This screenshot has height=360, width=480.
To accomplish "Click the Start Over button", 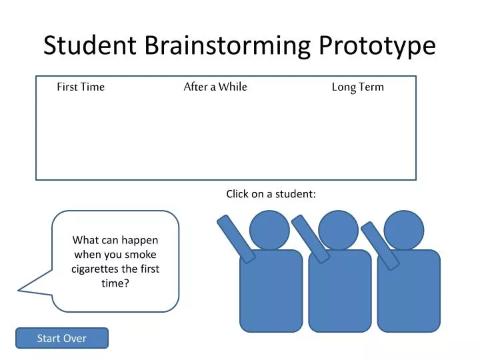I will click(x=61, y=338).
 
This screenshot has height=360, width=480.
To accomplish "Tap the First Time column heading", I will click(x=81, y=87).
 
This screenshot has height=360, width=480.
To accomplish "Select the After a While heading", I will click(x=215, y=87).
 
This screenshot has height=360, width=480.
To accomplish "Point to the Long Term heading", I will click(x=357, y=87).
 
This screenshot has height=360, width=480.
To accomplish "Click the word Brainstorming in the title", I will click(x=227, y=45).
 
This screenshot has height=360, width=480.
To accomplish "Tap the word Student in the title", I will click(x=89, y=45).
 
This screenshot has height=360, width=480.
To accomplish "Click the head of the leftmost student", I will click(x=269, y=230).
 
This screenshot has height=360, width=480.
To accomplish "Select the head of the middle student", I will click(x=338, y=230).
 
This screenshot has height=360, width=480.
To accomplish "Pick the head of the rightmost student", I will click(x=405, y=230).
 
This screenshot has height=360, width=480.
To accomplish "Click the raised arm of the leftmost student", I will click(x=236, y=238).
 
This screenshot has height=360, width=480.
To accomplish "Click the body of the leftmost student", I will click(x=271, y=291).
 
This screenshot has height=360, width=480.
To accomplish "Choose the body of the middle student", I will click(x=340, y=291).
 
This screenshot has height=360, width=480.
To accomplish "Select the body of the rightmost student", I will click(x=409, y=291).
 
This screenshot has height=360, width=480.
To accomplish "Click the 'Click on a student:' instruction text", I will click(x=271, y=194).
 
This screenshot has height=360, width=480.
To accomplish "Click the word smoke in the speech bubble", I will click(x=139, y=254).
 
